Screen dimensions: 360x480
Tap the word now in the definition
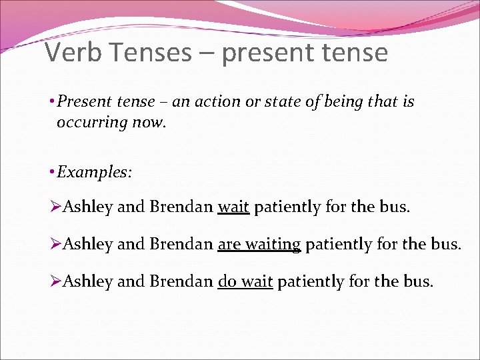point(147,123)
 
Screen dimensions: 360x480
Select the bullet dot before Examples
point(51,173)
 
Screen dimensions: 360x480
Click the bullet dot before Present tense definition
point(51,102)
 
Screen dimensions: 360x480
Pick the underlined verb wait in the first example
point(233,207)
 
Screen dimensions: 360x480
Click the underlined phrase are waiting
point(259,245)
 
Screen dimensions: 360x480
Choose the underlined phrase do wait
point(245,282)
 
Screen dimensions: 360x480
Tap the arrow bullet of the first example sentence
point(55,207)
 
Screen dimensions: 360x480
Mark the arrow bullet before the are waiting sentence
point(55,245)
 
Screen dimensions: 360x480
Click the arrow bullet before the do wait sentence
point(55,282)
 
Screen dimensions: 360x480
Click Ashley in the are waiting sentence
point(87,245)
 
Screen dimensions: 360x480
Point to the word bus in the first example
point(394,207)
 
